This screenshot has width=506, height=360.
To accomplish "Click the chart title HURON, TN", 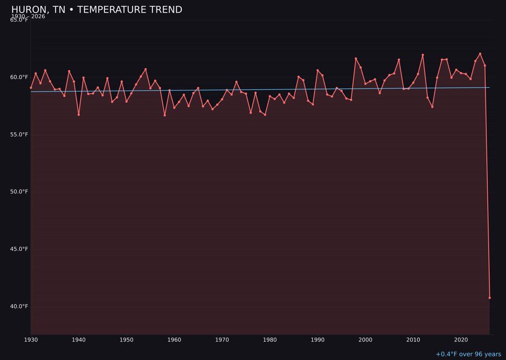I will tap(97, 10).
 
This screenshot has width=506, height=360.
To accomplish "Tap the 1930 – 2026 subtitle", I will tap(28, 16).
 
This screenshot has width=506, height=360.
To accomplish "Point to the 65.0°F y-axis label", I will tap(19, 20).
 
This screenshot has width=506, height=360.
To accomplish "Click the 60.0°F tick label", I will tap(19, 77).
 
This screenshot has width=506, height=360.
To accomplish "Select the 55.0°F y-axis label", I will tap(19, 135).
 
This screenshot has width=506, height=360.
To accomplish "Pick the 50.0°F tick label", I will tap(19, 192).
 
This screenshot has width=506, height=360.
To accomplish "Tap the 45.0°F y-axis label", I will tap(19, 249).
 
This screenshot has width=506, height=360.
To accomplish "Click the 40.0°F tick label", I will tap(19, 307).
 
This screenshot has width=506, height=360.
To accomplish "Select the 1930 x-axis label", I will tap(31, 340).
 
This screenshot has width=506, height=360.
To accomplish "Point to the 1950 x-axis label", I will tap(126, 340).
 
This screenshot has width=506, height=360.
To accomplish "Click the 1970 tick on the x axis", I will tap(222, 340).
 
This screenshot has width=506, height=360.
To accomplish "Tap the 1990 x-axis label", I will tap(318, 340).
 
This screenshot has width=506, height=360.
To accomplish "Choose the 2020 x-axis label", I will tap(461, 340).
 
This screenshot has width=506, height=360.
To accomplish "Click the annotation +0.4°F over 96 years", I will tap(468, 354).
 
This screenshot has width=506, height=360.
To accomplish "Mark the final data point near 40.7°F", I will tap(490, 298).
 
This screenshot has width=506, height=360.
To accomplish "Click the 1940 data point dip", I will tap(79, 114).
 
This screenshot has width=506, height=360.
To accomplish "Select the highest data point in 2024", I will tap(480, 54).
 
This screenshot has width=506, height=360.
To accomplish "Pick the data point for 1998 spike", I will tap(356, 59).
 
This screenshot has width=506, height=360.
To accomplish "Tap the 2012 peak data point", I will tap(423, 55).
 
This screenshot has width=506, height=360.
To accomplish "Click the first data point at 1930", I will tap(31, 88).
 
